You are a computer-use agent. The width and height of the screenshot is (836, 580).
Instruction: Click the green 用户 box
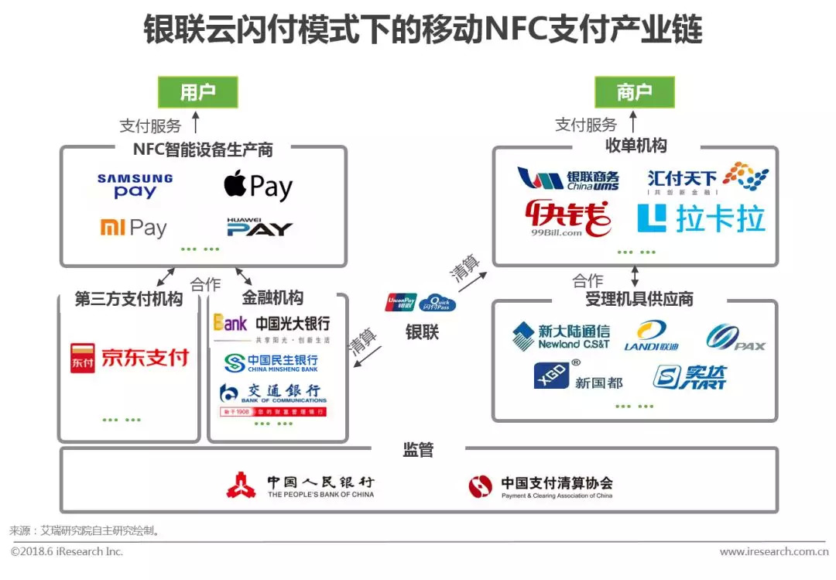(x=197, y=92)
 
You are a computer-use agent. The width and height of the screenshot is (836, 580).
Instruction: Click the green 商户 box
(x=634, y=92)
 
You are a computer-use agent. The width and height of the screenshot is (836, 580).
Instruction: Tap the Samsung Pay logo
(x=135, y=186)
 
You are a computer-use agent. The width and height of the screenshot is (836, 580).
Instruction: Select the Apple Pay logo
(x=258, y=186)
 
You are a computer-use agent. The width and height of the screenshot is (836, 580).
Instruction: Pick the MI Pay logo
(x=133, y=228)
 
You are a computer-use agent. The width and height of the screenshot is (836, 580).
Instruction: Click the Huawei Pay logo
(x=259, y=228)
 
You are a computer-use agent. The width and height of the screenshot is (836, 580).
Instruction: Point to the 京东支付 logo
(x=129, y=358)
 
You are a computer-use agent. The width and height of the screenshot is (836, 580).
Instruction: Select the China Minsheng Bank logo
(x=271, y=362)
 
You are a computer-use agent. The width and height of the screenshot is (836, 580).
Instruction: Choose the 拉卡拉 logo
(x=701, y=218)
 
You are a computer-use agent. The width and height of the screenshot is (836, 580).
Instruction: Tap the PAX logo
(x=735, y=337)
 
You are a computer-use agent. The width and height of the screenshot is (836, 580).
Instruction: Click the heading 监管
(x=418, y=450)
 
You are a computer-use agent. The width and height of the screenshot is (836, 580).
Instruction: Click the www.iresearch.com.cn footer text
(x=773, y=551)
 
